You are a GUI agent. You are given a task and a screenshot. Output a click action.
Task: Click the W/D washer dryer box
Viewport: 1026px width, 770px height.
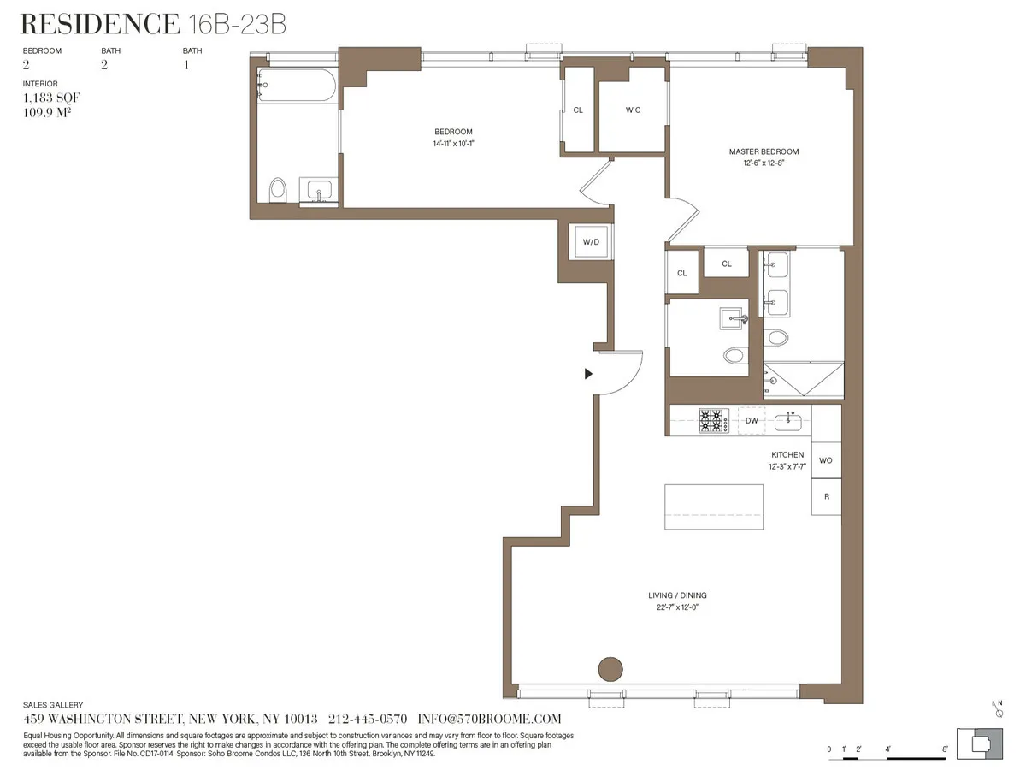[x=591, y=242]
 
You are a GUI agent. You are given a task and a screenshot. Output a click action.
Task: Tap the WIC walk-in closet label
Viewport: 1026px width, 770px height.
[x=633, y=110]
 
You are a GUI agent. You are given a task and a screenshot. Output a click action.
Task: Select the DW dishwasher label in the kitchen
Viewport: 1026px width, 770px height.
[x=752, y=420]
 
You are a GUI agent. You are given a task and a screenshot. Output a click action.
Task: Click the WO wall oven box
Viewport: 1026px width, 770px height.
[x=825, y=460]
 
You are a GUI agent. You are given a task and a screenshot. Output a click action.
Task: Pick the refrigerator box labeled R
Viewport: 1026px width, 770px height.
[x=825, y=496]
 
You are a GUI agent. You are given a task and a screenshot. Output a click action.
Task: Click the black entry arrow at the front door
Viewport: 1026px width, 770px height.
[x=588, y=374]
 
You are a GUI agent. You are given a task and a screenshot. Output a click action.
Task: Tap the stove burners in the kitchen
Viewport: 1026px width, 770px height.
[x=714, y=420]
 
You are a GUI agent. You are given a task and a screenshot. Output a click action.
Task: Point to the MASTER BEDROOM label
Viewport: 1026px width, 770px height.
[x=764, y=151]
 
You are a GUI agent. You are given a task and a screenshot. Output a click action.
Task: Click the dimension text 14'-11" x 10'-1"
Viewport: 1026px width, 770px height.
[x=453, y=144]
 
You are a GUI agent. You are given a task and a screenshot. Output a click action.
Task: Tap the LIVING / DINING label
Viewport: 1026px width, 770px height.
[x=677, y=595]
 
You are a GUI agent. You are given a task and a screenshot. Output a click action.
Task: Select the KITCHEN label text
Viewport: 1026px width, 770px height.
[x=787, y=454]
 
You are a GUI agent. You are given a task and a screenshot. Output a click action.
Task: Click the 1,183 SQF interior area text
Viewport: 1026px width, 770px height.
[x=51, y=98]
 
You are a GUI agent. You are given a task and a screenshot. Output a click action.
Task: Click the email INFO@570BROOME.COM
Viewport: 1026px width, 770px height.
[x=488, y=719]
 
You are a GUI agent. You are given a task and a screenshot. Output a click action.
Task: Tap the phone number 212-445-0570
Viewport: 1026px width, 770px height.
[x=368, y=719]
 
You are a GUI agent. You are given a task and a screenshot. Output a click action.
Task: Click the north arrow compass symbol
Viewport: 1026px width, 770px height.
[x=998, y=708]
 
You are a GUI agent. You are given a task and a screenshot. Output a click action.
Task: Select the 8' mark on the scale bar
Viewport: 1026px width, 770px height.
[x=944, y=749]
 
